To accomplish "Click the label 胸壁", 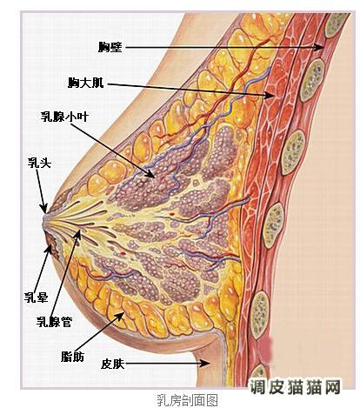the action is (x=110, y=47).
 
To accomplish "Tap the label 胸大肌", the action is (x=86, y=83).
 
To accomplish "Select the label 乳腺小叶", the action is (x=64, y=117).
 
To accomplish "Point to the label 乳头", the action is (x=39, y=164).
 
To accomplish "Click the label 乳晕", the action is (x=36, y=298).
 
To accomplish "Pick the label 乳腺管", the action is (x=54, y=322).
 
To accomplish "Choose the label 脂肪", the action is (x=72, y=357).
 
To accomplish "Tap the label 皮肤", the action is (x=113, y=364).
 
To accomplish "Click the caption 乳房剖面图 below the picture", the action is (x=187, y=400).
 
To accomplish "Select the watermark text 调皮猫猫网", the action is (x=295, y=387).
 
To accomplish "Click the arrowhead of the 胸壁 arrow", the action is (x=320, y=47).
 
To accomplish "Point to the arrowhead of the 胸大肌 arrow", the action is (x=270, y=95).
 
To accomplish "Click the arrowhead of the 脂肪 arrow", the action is (x=121, y=316).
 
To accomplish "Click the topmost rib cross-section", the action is (x=337, y=25).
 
